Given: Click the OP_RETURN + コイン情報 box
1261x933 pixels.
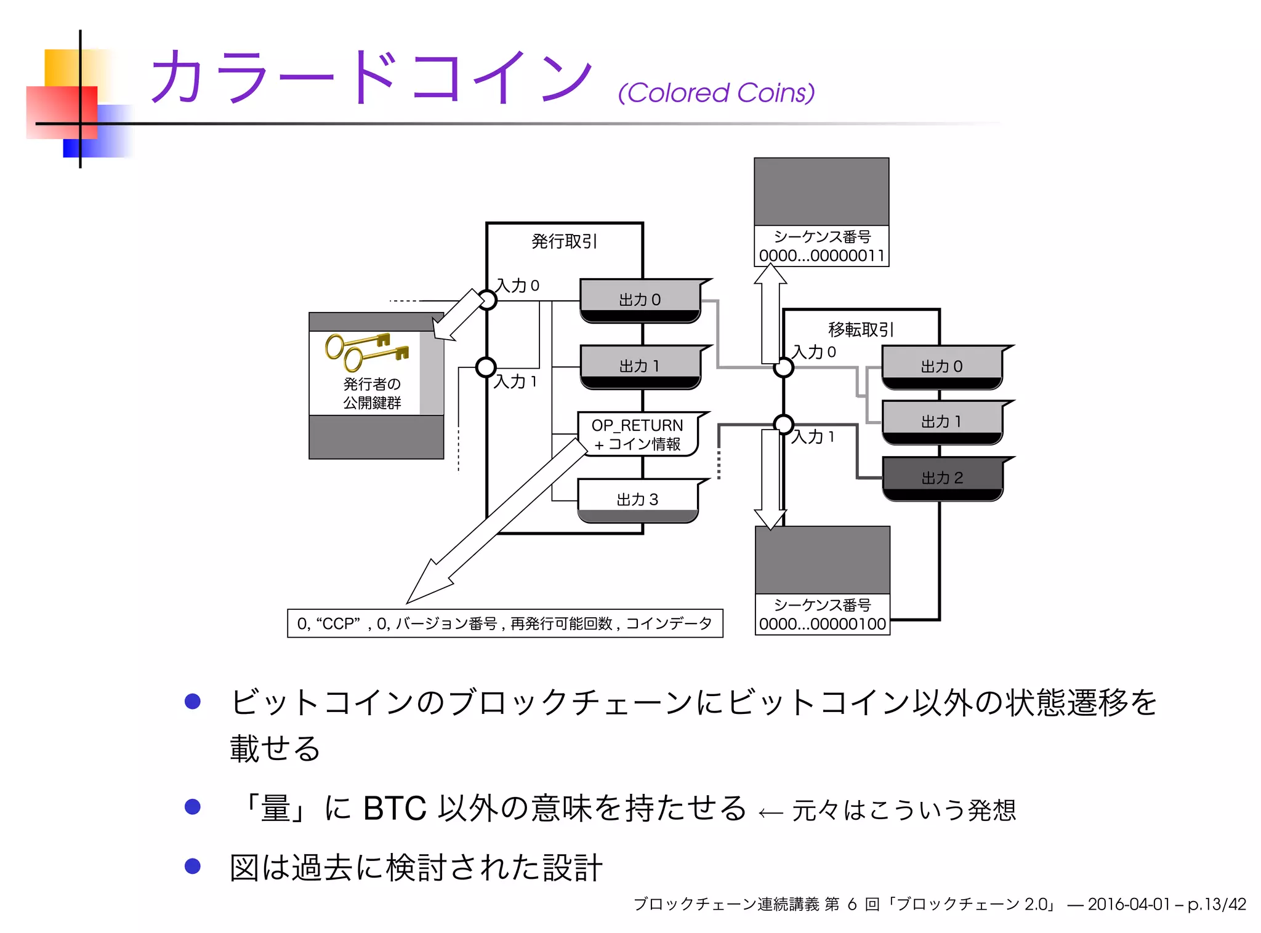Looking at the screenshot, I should point(638,434).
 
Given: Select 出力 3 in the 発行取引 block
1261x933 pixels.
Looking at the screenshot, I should point(638,499).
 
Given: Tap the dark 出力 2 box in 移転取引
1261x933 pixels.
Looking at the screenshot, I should point(942,478).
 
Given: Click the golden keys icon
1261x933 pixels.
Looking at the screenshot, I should point(366,351).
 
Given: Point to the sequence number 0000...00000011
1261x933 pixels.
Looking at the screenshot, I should point(821,255).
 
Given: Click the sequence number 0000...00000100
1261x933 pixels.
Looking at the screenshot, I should point(822,624).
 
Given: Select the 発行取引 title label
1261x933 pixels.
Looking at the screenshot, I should point(564,241).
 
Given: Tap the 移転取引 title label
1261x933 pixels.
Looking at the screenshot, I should point(861,330).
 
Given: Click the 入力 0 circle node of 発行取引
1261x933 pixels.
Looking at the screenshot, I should point(487,300).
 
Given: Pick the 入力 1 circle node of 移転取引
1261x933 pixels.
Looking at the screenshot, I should point(783,424).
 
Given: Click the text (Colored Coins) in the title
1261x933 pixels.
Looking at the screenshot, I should point(716,94).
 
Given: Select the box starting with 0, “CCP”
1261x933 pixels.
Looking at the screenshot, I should point(505,623).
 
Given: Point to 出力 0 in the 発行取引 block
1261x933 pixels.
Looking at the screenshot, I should point(640,300).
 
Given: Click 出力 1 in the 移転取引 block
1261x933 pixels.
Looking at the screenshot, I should point(941,422).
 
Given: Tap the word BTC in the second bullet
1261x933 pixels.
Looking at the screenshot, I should point(395,809).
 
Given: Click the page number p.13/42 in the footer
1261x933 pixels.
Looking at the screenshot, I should point(1217,904).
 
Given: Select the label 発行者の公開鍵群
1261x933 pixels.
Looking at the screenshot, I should point(372,393).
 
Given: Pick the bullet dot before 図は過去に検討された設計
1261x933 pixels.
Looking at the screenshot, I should point(193,866).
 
